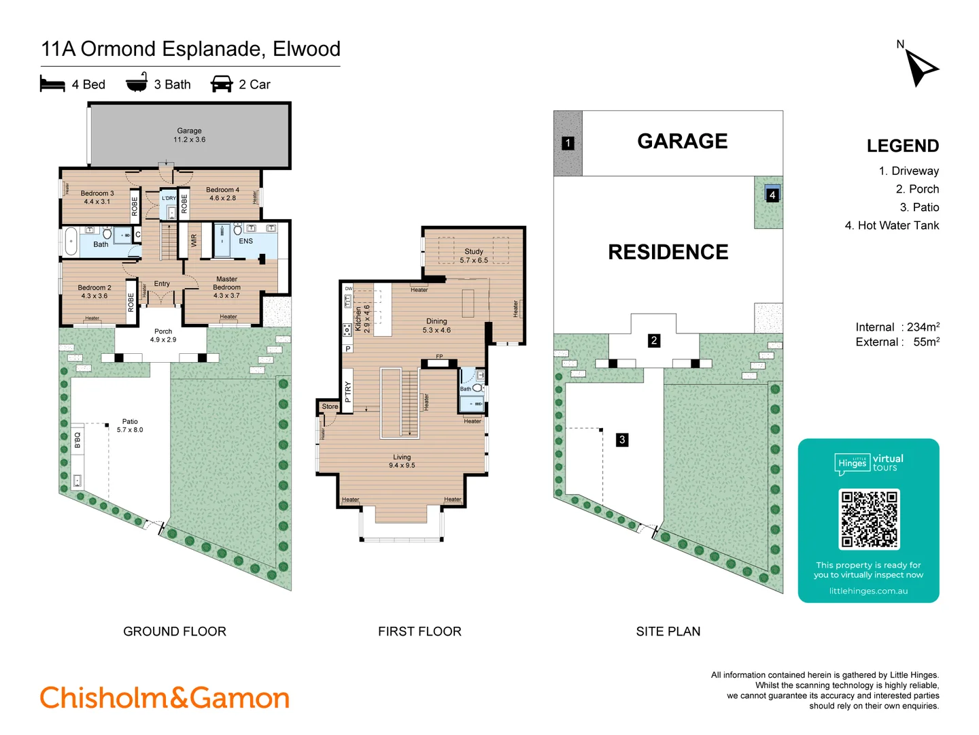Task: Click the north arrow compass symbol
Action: coord(921,67)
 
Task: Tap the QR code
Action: coord(869,519)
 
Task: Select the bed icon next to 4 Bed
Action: coord(52,84)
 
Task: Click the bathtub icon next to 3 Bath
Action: coord(137,82)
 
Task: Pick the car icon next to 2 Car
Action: coord(222,84)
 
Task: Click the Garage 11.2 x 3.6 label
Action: coord(189,135)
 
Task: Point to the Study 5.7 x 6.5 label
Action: coord(474,256)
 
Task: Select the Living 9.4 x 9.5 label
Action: coord(402,461)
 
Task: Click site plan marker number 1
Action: coord(568,143)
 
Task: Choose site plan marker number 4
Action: coord(772,195)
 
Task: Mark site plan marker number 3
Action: coord(621,440)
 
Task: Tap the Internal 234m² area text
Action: coord(897,327)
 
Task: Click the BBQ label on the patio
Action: coord(78,440)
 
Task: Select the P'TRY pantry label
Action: coord(348,391)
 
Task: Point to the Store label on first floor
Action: coord(330,406)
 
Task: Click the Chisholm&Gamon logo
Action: coord(165,698)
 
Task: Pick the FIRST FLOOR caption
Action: coord(419,632)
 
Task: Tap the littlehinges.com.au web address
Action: coord(868,591)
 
